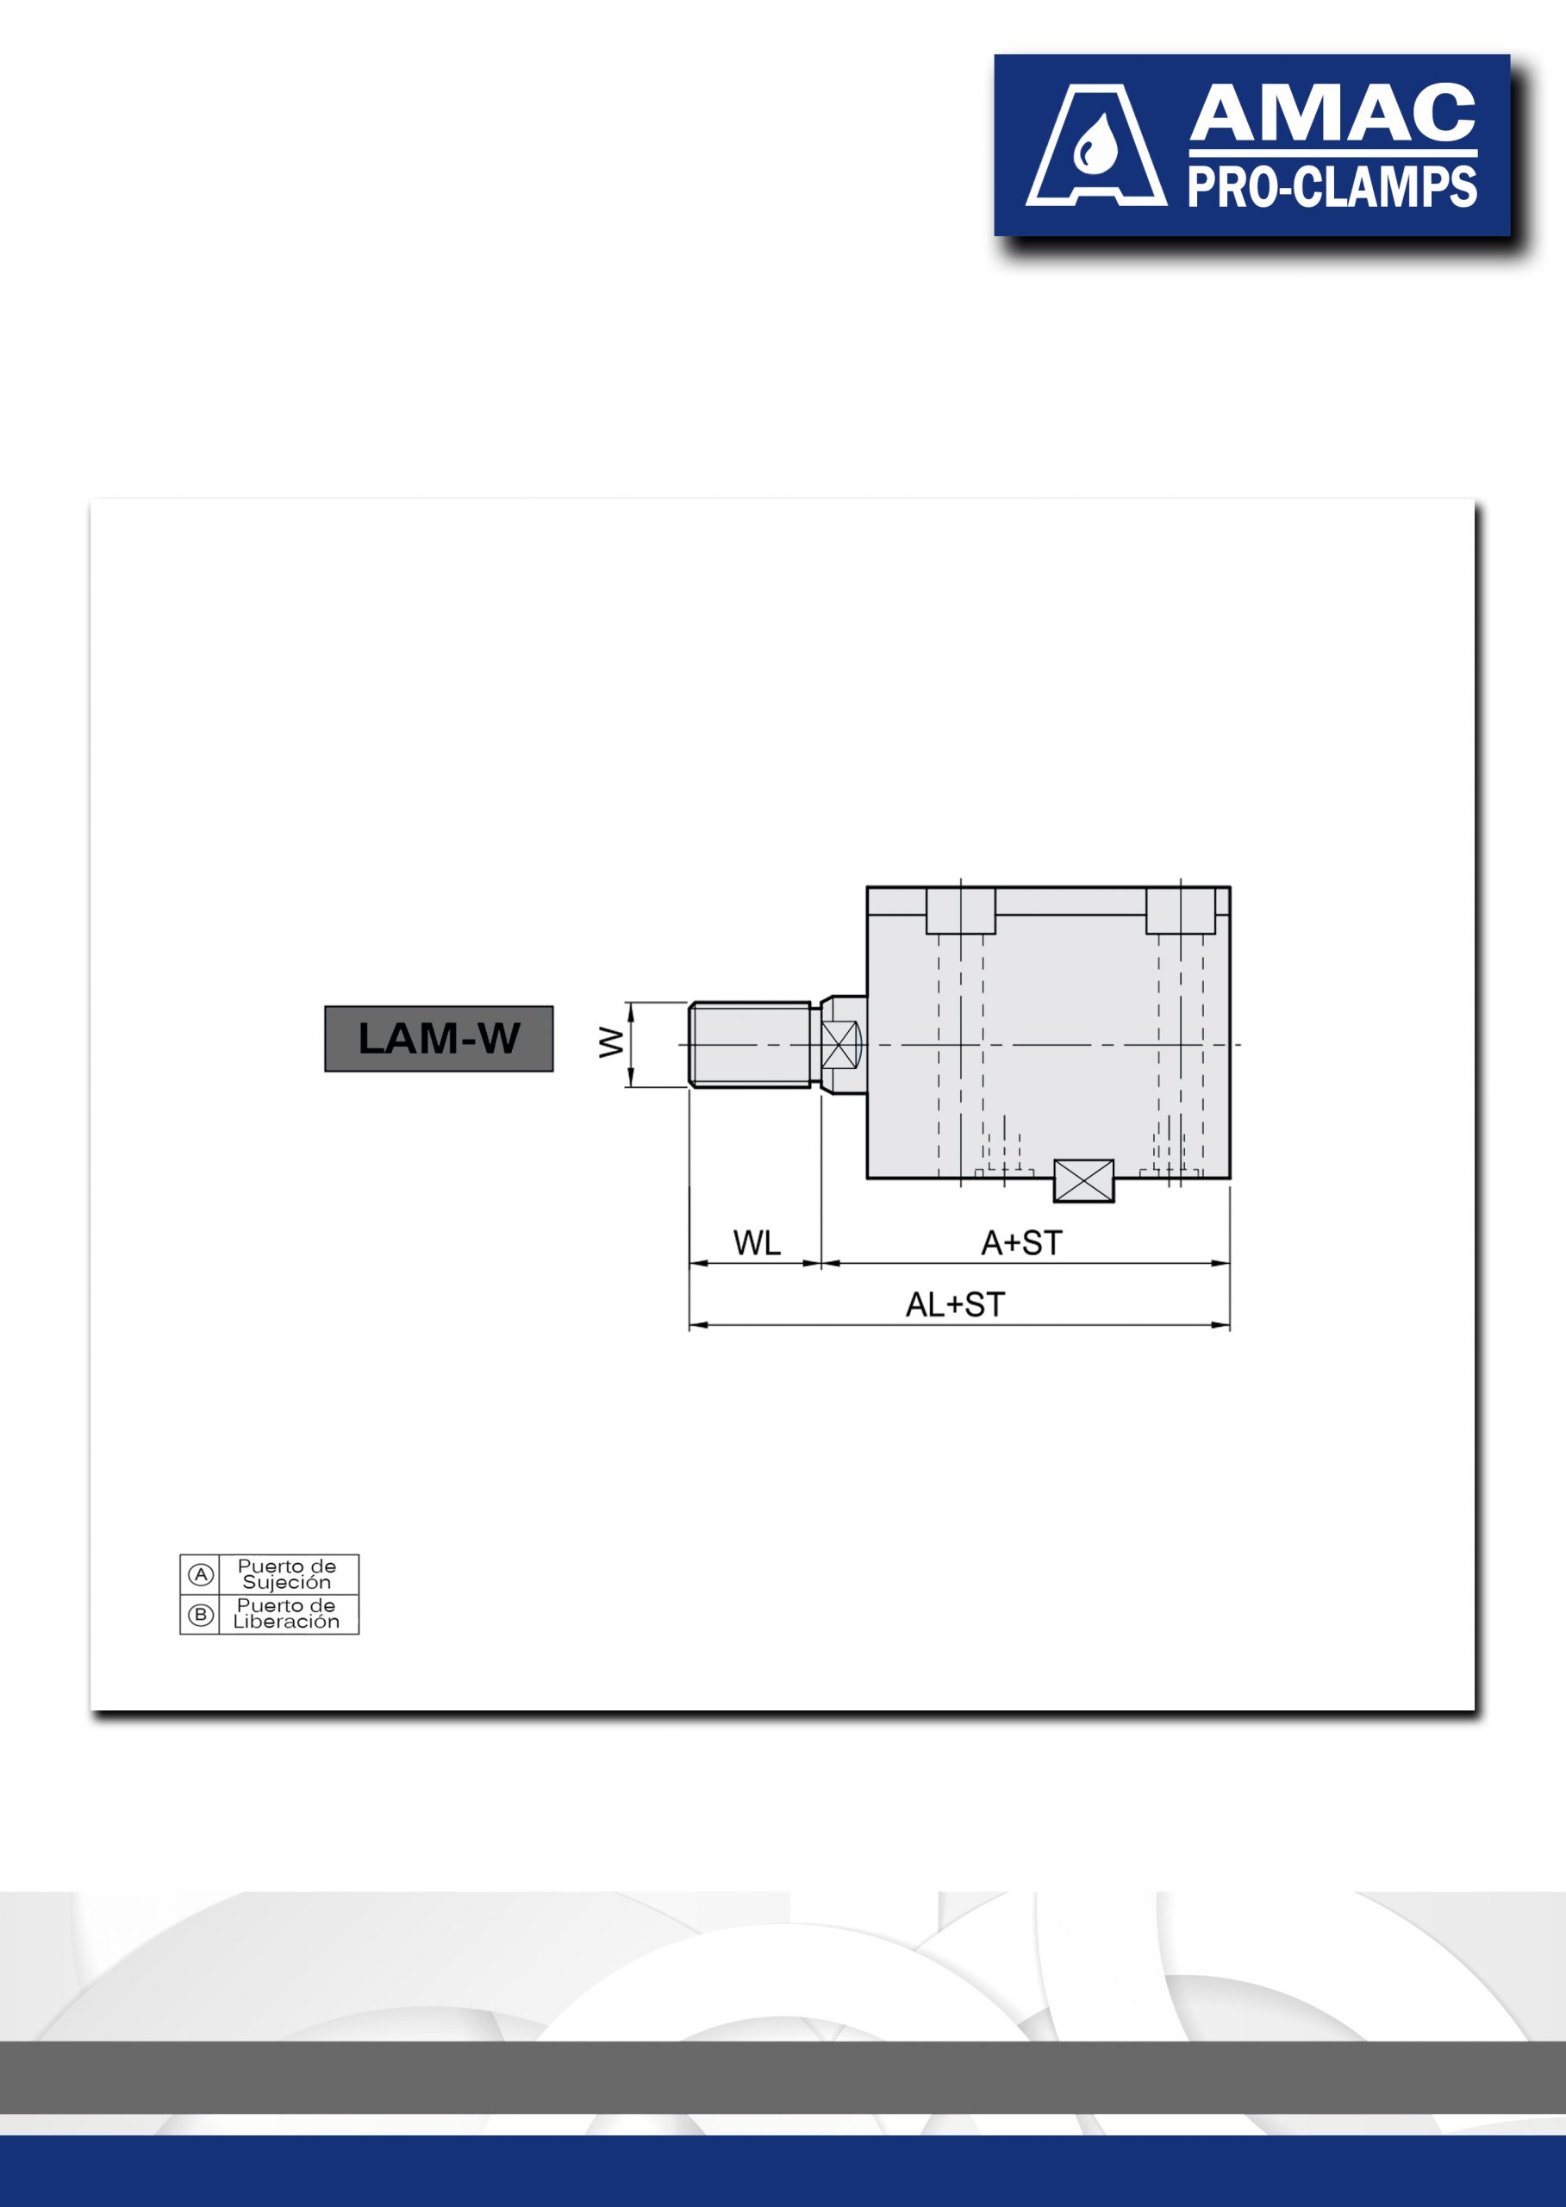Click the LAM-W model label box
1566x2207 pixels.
pos(439,1038)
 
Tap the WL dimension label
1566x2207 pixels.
pos(757,1243)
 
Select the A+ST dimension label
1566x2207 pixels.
pos(1022,1243)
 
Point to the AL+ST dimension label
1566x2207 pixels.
pos(955,1305)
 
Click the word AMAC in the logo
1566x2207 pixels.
pos(1332,114)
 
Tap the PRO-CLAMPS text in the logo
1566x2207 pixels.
pos(1332,187)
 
